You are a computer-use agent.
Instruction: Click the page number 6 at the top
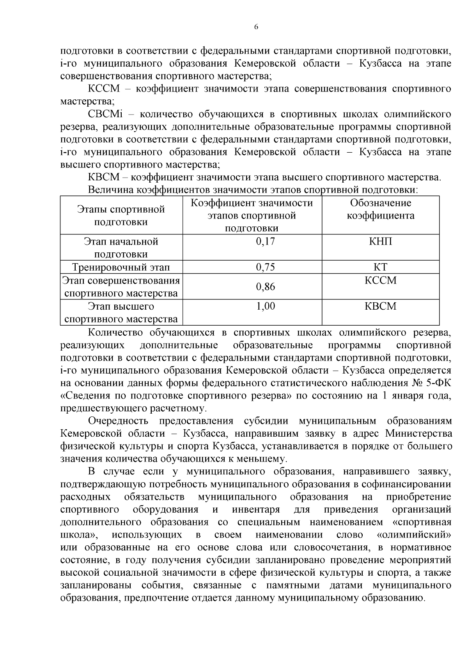[256, 27]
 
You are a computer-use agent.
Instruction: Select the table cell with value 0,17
[265, 241]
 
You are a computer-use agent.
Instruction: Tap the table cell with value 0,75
[265, 267]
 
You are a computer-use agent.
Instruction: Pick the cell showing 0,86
[265, 287]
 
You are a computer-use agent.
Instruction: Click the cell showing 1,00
[265, 306]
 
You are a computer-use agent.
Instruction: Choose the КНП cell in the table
[380, 241]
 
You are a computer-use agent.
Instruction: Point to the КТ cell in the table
[380, 267]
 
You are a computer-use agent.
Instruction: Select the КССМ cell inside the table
[380, 280]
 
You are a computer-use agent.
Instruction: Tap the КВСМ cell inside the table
[380, 306]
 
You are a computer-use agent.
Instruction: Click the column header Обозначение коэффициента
[380, 210]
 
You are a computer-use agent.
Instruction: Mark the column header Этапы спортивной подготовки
[121, 216]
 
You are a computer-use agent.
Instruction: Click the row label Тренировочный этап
[121, 267]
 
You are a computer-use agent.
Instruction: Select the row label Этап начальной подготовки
[121, 248]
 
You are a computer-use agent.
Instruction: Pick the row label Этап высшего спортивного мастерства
[121, 313]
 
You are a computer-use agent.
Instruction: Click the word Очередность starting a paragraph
[118, 421]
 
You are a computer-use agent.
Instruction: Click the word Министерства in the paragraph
[418, 434]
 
